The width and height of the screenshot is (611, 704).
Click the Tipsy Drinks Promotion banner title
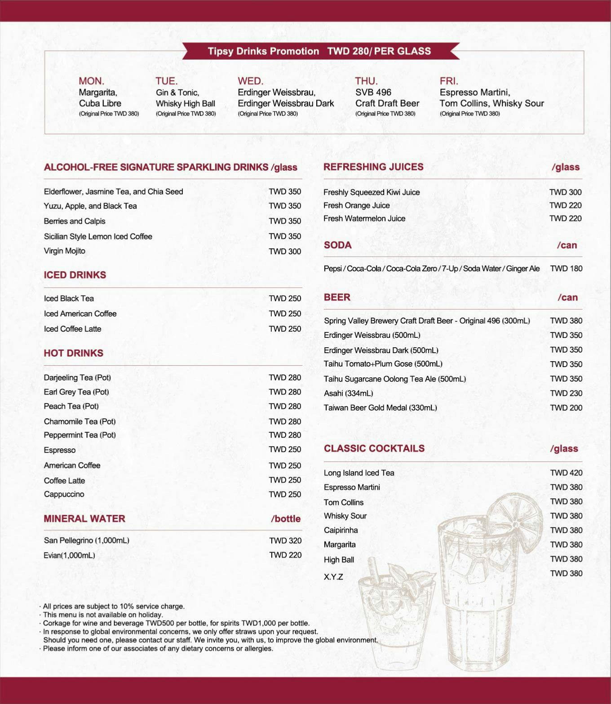click(319, 51)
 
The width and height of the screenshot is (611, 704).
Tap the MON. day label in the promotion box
click(91, 81)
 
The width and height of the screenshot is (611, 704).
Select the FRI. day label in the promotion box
click(449, 81)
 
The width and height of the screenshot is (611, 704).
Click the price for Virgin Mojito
click(285, 252)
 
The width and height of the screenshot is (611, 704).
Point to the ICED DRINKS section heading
click(75, 275)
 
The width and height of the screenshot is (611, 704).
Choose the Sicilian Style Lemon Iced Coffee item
click(98, 236)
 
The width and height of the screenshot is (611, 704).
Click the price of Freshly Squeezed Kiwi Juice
click(565, 192)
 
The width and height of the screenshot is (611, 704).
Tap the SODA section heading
click(338, 245)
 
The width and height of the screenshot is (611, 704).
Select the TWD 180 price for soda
click(566, 269)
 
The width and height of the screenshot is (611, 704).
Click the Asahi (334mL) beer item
click(349, 394)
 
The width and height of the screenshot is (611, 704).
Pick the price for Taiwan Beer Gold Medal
click(566, 408)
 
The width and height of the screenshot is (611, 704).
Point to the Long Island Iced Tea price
click(566, 473)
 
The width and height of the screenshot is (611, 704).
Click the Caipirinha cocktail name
click(341, 530)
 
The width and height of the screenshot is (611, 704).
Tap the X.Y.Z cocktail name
click(333, 577)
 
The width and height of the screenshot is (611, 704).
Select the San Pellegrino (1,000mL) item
click(87, 540)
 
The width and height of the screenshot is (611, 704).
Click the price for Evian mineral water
click(285, 555)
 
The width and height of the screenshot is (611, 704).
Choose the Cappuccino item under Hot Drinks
click(64, 494)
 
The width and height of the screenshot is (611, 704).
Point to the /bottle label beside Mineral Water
click(286, 519)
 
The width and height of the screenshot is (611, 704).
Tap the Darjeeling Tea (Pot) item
click(77, 377)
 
